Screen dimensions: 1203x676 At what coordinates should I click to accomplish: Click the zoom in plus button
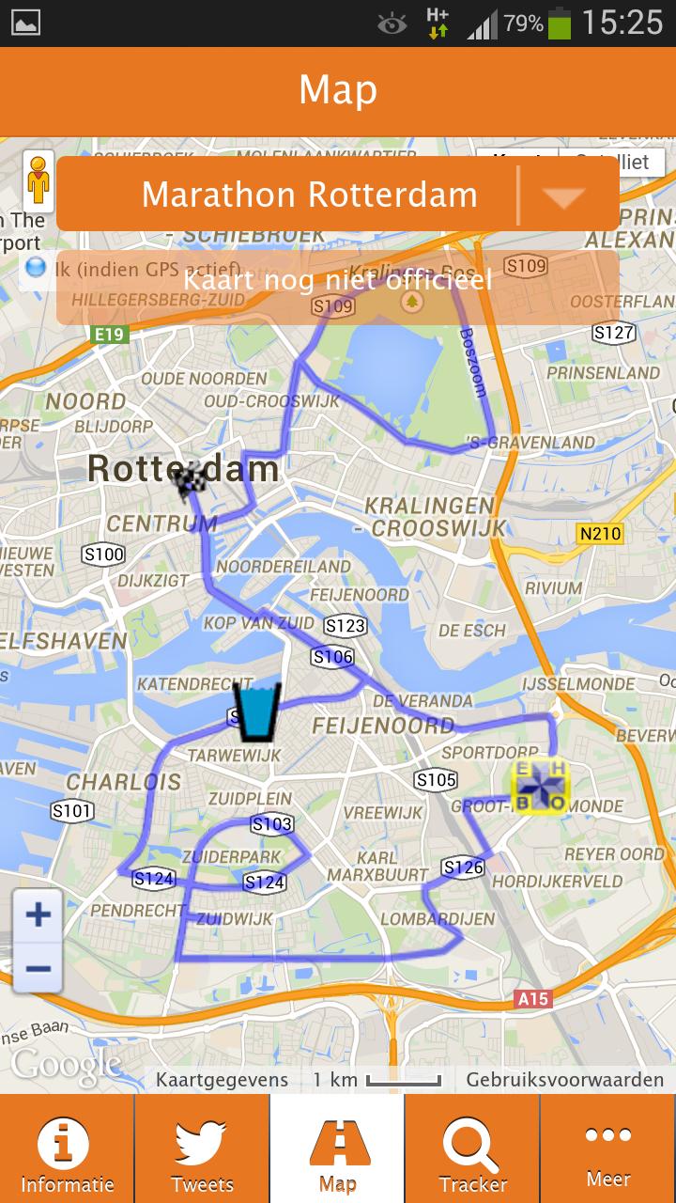coord(38,914)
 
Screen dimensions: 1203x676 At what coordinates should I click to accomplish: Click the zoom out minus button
coord(38,968)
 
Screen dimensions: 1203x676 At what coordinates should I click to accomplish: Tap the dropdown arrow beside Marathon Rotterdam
coord(564,195)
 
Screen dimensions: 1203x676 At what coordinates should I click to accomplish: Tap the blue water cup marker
coord(256,711)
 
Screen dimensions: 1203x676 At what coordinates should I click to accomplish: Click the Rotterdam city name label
coord(183,468)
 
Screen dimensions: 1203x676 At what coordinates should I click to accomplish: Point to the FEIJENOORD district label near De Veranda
coord(383,726)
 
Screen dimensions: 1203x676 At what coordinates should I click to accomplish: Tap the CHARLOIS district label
coord(123,782)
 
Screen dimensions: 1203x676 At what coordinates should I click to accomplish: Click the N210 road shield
coord(599,534)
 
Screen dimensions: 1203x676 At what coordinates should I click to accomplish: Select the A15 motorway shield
coord(533,998)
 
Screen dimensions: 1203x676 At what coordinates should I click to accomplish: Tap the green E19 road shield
coord(110,334)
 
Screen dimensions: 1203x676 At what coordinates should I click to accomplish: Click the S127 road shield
coord(614,333)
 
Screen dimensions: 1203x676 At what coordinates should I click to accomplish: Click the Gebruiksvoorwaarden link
coord(564,1080)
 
